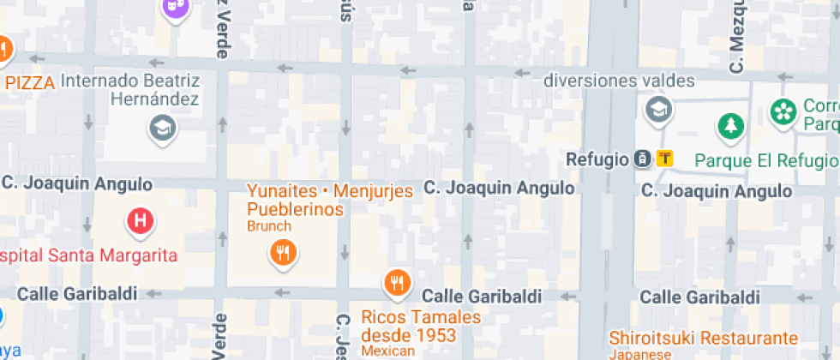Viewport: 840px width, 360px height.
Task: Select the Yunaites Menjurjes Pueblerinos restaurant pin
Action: coord(282,252)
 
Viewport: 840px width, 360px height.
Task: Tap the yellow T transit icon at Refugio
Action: coord(664,159)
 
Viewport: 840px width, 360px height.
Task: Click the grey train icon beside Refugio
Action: coord(641,159)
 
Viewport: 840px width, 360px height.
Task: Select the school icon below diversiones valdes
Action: coord(658,109)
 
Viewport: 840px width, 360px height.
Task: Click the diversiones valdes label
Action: coord(619,81)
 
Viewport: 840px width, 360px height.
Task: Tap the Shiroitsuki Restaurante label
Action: coord(703,338)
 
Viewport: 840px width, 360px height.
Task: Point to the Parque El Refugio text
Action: coord(765,160)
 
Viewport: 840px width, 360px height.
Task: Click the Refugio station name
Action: coord(597,159)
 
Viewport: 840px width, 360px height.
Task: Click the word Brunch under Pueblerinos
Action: coord(269,226)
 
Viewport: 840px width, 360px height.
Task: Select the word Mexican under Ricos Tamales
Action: coord(387,351)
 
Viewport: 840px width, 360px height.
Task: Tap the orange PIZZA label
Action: coord(30,82)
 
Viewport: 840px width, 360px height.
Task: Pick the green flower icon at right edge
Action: coord(783,111)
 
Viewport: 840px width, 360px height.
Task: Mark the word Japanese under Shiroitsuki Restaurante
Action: coord(641,354)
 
